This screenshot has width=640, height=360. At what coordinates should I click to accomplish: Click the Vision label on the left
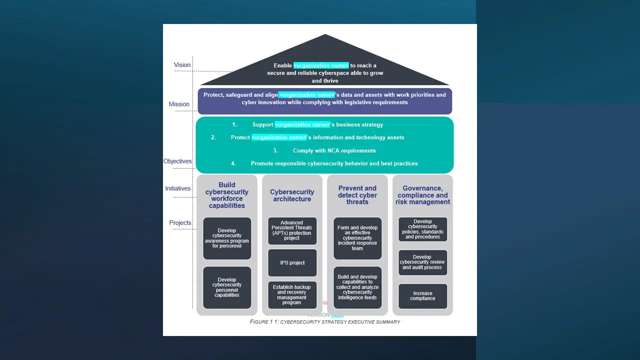tap(182, 65)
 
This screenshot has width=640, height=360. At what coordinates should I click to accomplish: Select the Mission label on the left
tap(179, 104)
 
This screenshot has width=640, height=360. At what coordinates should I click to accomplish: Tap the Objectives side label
tap(177, 161)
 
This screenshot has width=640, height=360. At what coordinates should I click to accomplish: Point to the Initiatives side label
tap(178, 188)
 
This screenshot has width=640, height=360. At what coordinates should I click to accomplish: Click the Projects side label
tap(180, 223)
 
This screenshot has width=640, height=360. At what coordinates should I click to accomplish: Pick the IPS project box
tap(292, 263)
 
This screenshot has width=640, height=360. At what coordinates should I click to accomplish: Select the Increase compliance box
tap(422, 296)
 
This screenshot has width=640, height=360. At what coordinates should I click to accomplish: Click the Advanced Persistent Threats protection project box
tap(292, 230)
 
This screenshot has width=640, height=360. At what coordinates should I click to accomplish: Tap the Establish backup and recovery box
tap(292, 295)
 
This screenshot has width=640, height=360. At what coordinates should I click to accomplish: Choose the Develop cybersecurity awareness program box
tap(227, 238)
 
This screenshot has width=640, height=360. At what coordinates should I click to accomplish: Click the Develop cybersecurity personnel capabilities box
tap(227, 287)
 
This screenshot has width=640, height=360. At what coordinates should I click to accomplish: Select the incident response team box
tap(357, 238)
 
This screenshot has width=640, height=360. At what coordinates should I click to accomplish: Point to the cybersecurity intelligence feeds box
tap(357, 287)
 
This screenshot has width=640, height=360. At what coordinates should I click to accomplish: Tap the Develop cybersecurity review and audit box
tap(422, 262)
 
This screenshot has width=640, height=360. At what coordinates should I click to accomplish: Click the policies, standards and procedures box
tap(422, 229)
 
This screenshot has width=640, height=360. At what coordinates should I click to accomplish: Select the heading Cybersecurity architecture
tap(292, 195)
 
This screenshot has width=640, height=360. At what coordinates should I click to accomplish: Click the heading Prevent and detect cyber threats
tap(357, 195)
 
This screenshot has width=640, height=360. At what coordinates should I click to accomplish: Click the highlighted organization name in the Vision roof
tap(321, 65)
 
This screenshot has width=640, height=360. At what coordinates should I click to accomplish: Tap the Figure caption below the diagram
tap(325, 322)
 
